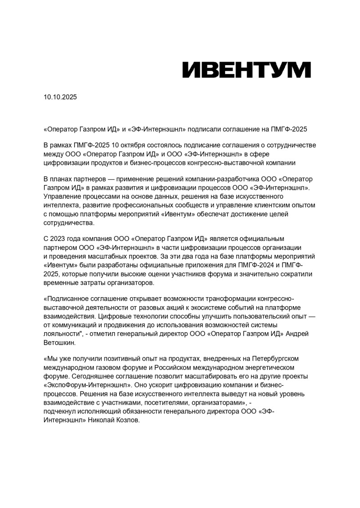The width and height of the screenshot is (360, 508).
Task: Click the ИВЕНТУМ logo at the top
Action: click(246, 70)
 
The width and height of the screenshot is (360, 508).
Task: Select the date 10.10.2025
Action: click(60, 97)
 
